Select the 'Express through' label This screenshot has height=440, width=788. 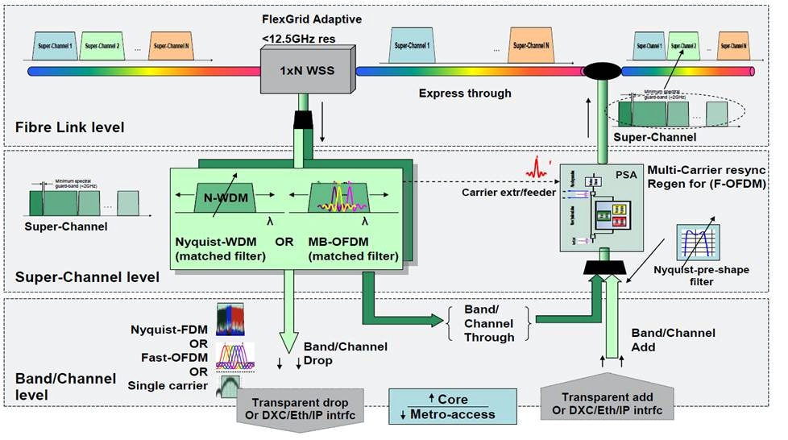[465, 93]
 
